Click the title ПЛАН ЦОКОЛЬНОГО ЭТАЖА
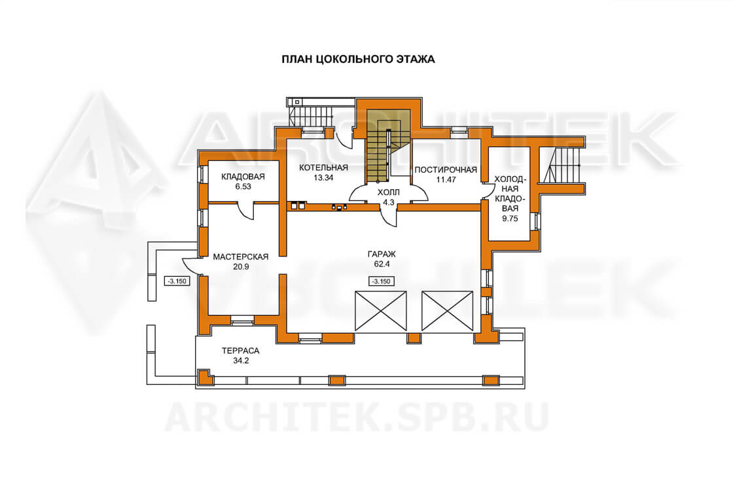[x=358, y=60]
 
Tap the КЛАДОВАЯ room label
[x=243, y=177]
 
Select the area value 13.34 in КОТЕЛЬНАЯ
[x=323, y=177]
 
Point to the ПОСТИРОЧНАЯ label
[x=446, y=170]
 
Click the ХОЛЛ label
[x=389, y=192]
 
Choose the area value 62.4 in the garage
[x=382, y=264]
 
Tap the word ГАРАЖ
[x=382, y=254]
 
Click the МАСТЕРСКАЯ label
[x=241, y=257]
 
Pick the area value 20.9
[x=241, y=266]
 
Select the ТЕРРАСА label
[x=240, y=351]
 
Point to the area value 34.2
[x=240, y=361]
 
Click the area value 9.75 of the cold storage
[x=510, y=219]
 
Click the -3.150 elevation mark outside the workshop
[x=177, y=281]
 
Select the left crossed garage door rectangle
[x=380, y=312]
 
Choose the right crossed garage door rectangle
[x=448, y=312]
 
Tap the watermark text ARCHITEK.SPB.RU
[x=357, y=417]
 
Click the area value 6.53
[x=243, y=187]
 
